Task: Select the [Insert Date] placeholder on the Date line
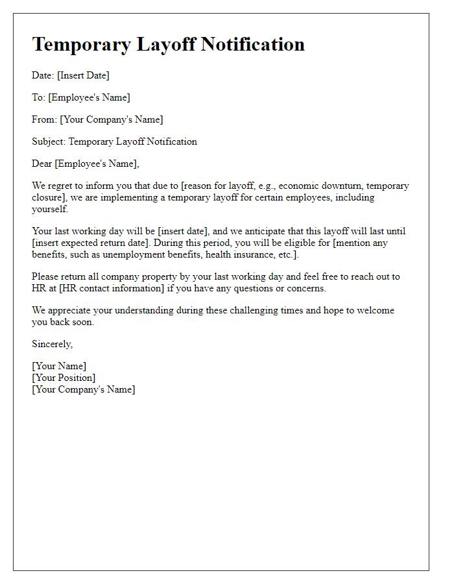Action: [84, 75]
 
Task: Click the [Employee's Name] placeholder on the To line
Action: [89, 97]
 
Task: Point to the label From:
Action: [44, 119]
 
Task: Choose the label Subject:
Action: [49, 141]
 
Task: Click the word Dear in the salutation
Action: [42, 164]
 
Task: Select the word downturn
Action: [341, 186]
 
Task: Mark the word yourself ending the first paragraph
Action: [50, 209]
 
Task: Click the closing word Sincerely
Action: [52, 344]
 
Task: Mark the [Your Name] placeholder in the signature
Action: [59, 367]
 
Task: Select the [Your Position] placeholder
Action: [64, 378]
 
